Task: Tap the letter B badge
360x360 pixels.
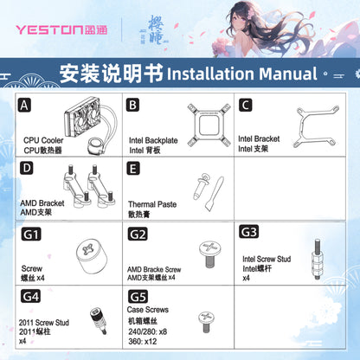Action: click(x=133, y=106)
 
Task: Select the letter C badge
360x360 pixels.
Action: click(x=246, y=106)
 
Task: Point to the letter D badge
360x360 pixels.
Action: click(x=26, y=167)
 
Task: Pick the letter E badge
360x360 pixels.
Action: click(x=133, y=167)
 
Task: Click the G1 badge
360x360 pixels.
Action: click(x=32, y=235)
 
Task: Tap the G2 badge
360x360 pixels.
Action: click(x=138, y=234)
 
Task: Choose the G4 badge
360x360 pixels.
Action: click(x=32, y=296)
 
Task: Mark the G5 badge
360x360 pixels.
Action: click(x=138, y=296)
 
